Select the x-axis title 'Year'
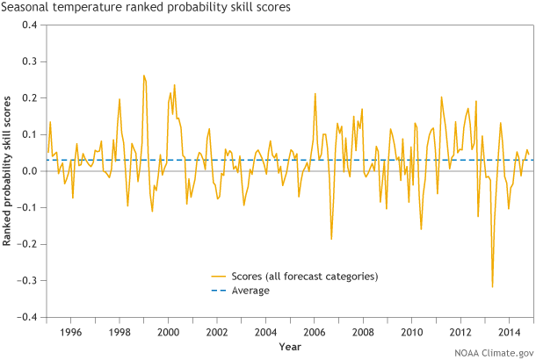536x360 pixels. point(290,347)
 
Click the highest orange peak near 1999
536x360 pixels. point(144,76)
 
